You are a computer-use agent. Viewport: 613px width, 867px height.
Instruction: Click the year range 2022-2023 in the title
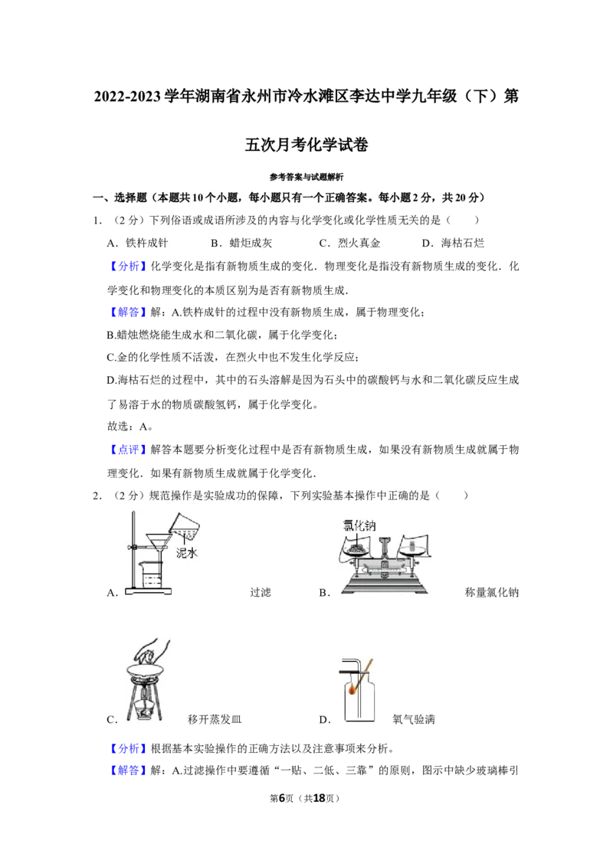pyautogui.click(x=129, y=97)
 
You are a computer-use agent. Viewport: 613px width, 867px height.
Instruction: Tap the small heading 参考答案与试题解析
pyautogui.click(x=306, y=177)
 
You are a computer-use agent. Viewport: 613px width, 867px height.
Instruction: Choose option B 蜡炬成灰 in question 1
pyautogui.click(x=241, y=243)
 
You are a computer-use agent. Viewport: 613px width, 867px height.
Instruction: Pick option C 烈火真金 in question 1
pyautogui.click(x=349, y=243)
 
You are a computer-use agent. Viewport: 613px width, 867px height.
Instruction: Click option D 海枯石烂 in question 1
pyautogui.click(x=453, y=243)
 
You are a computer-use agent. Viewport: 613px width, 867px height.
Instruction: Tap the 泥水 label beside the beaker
pyautogui.click(x=186, y=552)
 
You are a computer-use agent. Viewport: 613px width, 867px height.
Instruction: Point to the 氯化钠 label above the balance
pyautogui.click(x=359, y=525)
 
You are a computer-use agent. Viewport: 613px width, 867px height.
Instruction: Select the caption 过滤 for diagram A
pyautogui.click(x=260, y=592)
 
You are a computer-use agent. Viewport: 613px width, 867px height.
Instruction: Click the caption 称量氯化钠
pyautogui.click(x=492, y=592)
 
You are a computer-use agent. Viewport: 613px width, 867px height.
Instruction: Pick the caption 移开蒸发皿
pyautogui.click(x=215, y=719)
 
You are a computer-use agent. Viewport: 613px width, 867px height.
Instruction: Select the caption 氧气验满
pyautogui.click(x=414, y=719)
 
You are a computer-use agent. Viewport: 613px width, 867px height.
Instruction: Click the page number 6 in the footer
pyautogui.click(x=282, y=798)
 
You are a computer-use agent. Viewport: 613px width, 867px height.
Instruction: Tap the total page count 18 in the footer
pyautogui.click(x=320, y=798)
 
